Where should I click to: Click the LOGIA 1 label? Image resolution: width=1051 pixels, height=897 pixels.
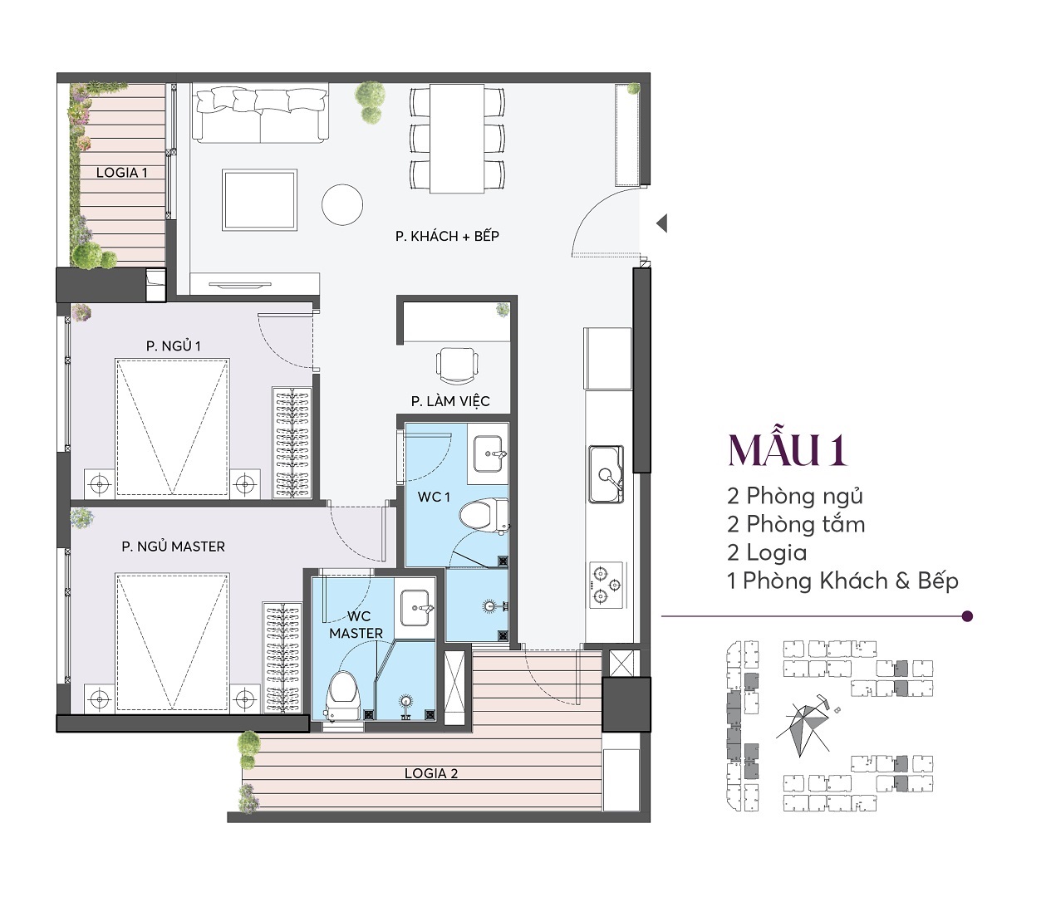point(122,173)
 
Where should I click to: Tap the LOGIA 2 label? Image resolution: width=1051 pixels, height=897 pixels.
point(431,773)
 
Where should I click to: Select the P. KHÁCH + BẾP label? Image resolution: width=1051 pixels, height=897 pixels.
point(447,236)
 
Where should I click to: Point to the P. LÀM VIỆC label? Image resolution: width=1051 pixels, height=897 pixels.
point(450,401)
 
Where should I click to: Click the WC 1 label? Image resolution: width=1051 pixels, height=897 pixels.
point(434,497)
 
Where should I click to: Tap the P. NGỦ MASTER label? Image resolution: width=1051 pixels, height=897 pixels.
point(173,547)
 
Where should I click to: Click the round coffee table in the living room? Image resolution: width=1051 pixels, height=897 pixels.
point(342,205)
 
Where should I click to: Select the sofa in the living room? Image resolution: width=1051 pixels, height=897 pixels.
point(260,114)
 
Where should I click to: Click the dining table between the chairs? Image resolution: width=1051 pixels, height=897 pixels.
point(457,138)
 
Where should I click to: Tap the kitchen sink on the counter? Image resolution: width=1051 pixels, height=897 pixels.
point(607,473)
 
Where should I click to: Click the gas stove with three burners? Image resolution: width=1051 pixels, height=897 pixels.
point(607,585)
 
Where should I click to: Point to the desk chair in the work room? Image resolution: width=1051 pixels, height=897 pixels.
point(457,365)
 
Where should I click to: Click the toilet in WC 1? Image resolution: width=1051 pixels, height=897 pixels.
point(484,515)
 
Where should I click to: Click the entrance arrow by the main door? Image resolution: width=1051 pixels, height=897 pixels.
point(661,223)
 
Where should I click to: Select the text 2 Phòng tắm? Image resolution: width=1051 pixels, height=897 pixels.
point(796,524)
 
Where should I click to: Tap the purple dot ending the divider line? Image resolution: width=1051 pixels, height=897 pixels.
point(967,616)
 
